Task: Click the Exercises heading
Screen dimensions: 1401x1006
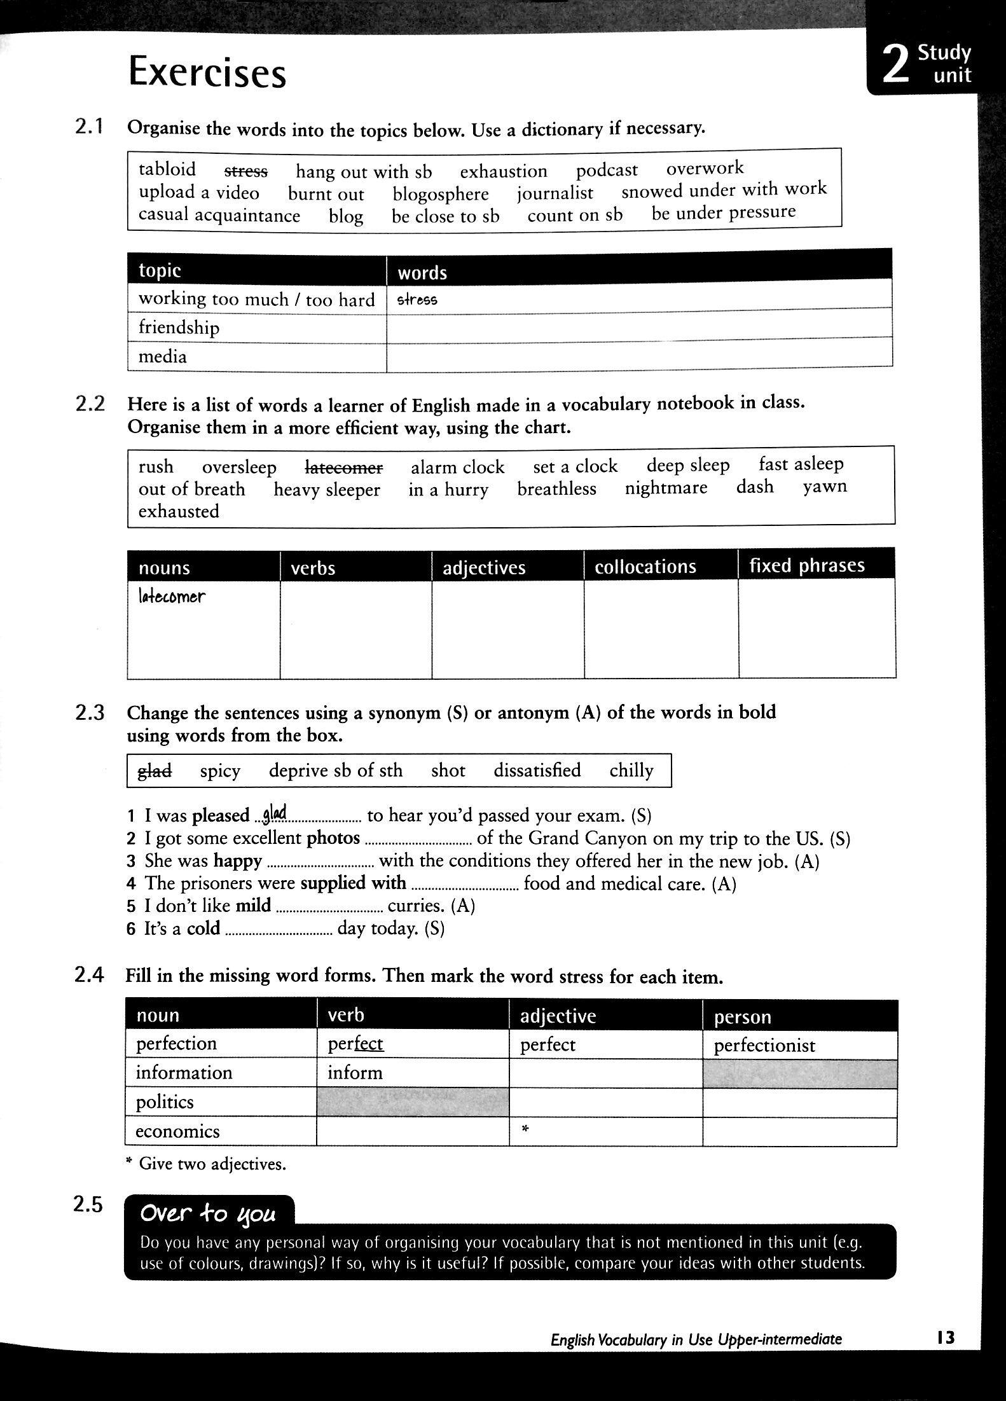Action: [x=207, y=72]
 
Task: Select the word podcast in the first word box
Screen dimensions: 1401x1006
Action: [x=607, y=170]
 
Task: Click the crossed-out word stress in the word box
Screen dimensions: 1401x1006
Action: [x=246, y=171]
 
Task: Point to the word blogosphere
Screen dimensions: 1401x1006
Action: [x=440, y=194]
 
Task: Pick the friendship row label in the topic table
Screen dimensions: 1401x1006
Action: [x=179, y=328]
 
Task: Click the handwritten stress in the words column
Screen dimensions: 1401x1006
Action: [x=417, y=300]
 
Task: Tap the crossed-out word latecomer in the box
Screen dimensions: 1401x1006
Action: [x=344, y=467]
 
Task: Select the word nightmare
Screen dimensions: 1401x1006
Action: [x=666, y=488]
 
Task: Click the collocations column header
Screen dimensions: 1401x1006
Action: [x=645, y=567]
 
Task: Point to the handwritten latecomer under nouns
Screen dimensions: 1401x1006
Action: [x=172, y=597]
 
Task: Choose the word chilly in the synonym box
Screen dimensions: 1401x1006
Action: [x=631, y=770]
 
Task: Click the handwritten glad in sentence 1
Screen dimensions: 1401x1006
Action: [x=275, y=812]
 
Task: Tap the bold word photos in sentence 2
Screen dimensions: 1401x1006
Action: [x=333, y=838]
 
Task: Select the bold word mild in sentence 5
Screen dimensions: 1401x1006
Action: [x=253, y=905]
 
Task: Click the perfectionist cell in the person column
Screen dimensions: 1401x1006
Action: [x=764, y=1046]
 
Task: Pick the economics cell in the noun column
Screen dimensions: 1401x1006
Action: [x=177, y=1131]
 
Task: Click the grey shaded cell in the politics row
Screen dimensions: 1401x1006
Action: [x=413, y=1102]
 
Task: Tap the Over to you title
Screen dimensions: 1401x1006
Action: [x=208, y=1213]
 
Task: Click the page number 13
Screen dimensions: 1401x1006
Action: [x=946, y=1338]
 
